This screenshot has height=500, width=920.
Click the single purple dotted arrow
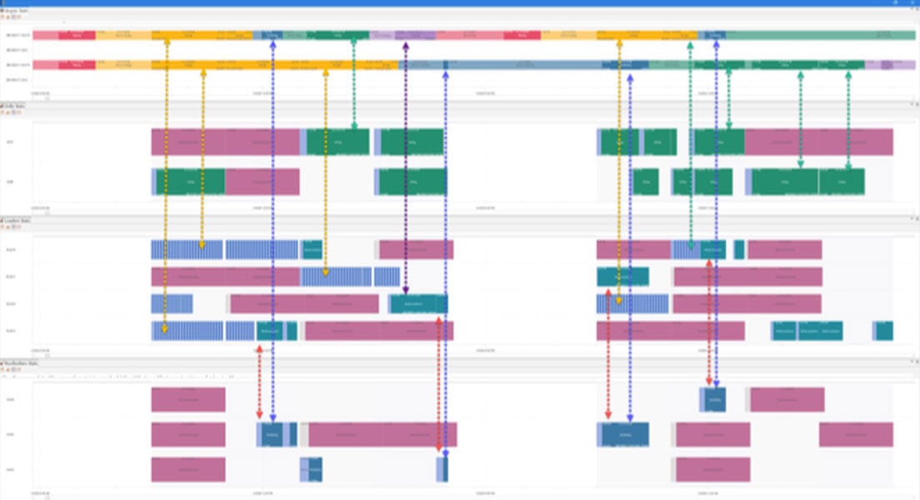tap(406, 167)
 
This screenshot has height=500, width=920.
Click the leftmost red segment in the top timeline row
tap(77, 35)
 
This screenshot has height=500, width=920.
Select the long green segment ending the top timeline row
tap(820, 35)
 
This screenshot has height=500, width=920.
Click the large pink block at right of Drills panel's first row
tap(818, 142)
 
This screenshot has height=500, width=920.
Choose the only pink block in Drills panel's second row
tap(262, 182)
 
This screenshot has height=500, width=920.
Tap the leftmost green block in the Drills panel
tap(191, 182)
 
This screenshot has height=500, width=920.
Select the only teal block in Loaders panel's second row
tap(622, 277)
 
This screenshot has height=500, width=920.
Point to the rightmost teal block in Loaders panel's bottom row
tap(884, 331)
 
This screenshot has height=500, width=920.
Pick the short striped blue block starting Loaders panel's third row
tap(172, 304)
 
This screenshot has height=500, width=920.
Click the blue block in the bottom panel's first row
tap(715, 399)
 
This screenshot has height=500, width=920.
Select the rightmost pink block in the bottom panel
tap(856, 434)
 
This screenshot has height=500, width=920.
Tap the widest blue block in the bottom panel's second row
tap(624, 434)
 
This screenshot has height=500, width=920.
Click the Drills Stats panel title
tap(17, 105)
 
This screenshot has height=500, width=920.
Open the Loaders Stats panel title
tap(19, 220)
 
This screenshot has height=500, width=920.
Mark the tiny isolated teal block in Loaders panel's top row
tap(739, 249)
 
